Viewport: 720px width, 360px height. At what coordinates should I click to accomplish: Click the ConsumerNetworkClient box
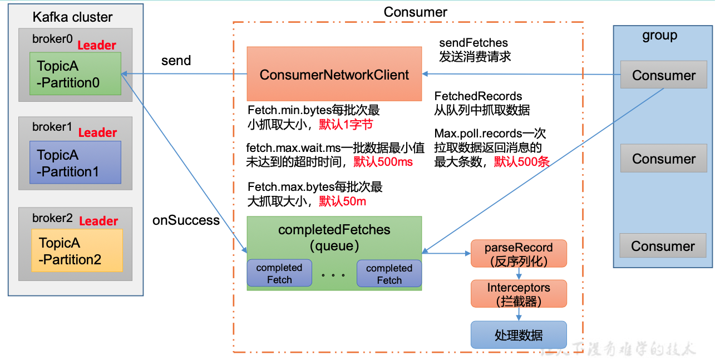coord(334,74)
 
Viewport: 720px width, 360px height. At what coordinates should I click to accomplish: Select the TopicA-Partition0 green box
coord(75,74)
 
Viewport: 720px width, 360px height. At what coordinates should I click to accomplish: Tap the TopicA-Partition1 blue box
coord(75,162)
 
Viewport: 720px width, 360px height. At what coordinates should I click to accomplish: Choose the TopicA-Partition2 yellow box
coord(77,251)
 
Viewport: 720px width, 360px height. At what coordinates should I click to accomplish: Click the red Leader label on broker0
coord(97,46)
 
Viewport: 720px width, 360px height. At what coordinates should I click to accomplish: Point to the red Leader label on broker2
coord(98,221)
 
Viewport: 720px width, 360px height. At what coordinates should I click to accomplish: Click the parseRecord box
coord(519,254)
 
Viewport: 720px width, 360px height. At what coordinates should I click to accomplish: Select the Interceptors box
coord(519,294)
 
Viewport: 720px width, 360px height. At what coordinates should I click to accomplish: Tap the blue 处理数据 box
coord(519,335)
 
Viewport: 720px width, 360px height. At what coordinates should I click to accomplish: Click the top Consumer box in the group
coord(664,75)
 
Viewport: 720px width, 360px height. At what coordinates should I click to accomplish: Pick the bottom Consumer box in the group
coord(663,246)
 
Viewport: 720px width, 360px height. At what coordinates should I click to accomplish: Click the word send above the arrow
coord(176,61)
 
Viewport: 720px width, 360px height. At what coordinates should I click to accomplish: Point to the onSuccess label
coord(186,220)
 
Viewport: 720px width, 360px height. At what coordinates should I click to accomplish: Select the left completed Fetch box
coord(279,273)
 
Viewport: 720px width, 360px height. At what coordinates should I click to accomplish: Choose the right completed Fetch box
coord(389,274)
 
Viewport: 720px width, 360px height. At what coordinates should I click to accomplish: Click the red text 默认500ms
coord(383,162)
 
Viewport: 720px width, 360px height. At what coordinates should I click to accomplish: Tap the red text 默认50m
coord(342,201)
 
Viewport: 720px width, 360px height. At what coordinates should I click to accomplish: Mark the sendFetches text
coord(474,43)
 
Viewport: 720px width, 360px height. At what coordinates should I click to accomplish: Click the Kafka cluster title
coord(72,17)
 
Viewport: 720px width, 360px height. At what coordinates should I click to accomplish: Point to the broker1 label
coord(52,127)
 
